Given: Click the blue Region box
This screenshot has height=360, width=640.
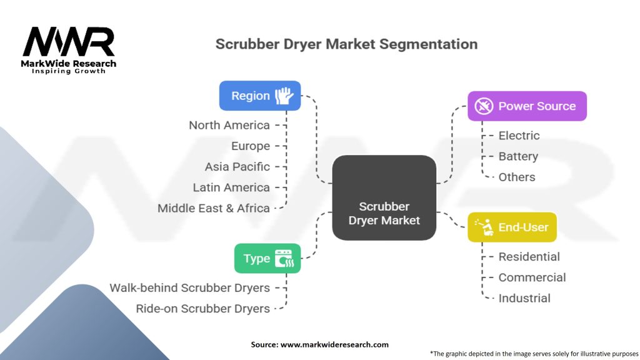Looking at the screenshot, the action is click(259, 96).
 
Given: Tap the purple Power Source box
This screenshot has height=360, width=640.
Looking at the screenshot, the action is click(527, 106).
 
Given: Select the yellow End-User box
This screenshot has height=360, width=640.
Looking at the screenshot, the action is click(512, 227).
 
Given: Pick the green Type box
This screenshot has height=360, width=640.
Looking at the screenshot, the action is click(267, 258).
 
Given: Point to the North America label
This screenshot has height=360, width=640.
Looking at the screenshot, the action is click(229, 125).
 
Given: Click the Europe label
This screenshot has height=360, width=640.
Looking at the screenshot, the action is click(251, 146).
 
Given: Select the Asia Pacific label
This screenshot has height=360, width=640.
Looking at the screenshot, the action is click(237, 167).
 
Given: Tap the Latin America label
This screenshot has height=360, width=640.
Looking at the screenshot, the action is click(231, 187).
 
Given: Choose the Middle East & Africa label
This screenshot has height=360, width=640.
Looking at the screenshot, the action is click(214, 208).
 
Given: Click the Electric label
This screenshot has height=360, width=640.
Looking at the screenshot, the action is click(519, 136).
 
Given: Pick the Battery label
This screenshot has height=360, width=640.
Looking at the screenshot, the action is click(518, 156).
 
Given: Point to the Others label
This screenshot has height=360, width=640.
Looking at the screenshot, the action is click(517, 177).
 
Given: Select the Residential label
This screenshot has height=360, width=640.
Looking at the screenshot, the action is click(529, 256).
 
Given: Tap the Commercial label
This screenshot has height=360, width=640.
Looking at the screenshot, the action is click(532, 277).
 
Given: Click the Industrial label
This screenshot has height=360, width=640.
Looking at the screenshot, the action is click(524, 298).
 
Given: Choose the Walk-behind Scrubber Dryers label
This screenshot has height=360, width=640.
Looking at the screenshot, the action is click(190, 287).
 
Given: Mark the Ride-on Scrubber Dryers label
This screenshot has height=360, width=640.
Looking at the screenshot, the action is click(203, 308).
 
